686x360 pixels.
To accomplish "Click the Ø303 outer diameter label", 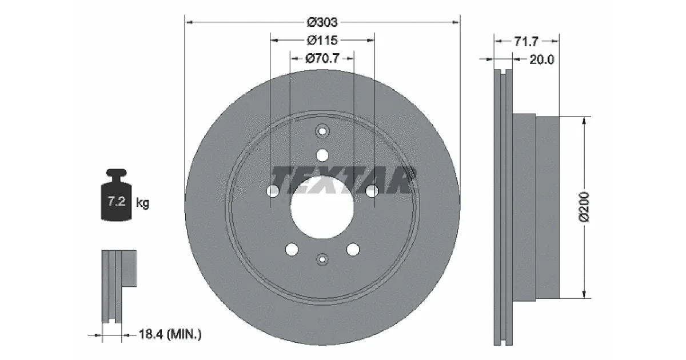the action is pyautogui.click(x=322, y=22).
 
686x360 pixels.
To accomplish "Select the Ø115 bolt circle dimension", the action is pyautogui.click(x=322, y=41).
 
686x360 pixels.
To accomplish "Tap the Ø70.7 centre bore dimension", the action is pyautogui.click(x=322, y=58).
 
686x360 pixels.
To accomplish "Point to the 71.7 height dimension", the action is pyautogui.click(x=526, y=41).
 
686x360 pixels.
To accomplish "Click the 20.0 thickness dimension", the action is pyautogui.click(x=542, y=59).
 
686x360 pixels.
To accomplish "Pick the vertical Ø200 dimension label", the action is pyautogui.click(x=584, y=207).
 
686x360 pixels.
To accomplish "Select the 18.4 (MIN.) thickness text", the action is pyautogui.click(x=170, y=334).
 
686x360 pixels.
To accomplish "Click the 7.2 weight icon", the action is pyautogui.click(x=117, y=195).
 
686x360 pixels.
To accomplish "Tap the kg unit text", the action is pyautogui.click(x=143, y=203).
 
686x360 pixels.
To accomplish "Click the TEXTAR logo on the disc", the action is pyautogui.click(x=343, y=181).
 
